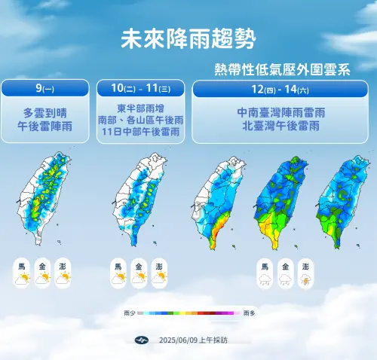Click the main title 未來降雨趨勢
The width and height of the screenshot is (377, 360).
click(188, 38)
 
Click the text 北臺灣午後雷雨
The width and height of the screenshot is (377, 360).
click(283, 126)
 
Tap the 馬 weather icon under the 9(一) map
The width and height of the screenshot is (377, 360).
click(22, 273)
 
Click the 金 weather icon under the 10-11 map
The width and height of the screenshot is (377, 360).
click(138, 273)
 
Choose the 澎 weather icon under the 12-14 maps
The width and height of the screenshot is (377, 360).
click(305, 275)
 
